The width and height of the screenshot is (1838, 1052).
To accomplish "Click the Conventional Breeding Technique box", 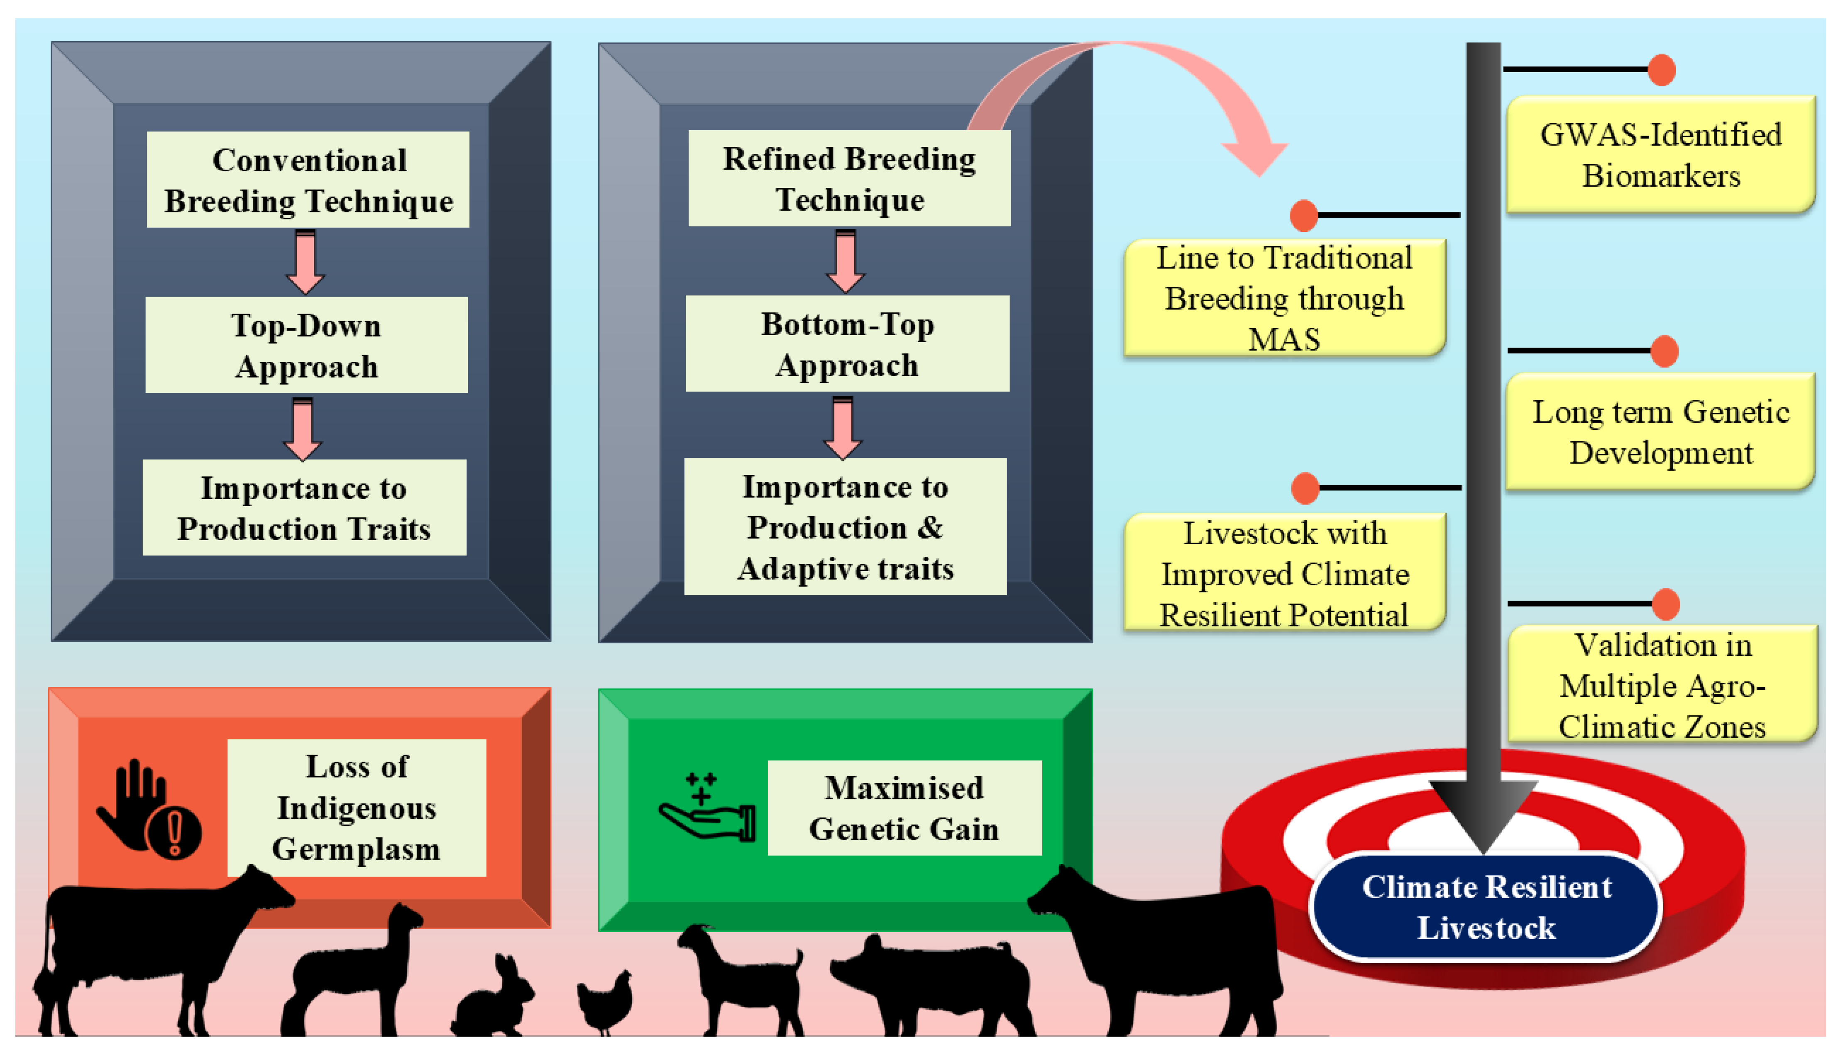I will [308, 180].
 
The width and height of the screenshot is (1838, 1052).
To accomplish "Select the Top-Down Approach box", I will [306, 346].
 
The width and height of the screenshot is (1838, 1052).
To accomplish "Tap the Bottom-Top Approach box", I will [847, 344].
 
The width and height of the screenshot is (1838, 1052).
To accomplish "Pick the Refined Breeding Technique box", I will [849, 178].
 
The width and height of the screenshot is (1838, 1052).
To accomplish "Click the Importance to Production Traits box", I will [304, 508].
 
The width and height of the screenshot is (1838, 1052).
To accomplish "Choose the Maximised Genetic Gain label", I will [904, 808].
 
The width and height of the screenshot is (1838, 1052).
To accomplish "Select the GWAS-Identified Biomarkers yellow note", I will [1660, 155].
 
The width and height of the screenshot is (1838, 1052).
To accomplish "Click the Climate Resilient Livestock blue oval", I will [1486, 908].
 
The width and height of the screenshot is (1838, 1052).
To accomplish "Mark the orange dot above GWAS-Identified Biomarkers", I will [1662, 70].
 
